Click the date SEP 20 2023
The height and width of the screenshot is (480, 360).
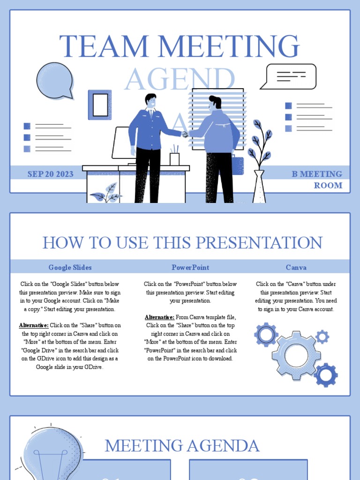[x=50, y=174]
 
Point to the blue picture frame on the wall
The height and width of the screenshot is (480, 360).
[x=100, y=105]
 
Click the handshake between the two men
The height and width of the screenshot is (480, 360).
[x=185, y=135]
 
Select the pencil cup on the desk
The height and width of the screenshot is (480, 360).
[x=174, y=158]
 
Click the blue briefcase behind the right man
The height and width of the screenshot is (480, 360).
[x=238, y=165]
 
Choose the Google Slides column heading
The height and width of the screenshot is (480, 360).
[x=70, y=267]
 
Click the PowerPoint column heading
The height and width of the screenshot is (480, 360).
[x=190, y=267]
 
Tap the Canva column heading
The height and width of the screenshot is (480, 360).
[x=296, y=267]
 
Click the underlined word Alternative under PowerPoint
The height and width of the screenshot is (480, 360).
[x=159, y=317]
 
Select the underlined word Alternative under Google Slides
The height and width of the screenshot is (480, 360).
[x=34, y=325]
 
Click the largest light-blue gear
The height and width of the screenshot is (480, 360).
[x=296, y=355]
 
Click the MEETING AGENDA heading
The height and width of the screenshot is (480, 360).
[x=182, y=445]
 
